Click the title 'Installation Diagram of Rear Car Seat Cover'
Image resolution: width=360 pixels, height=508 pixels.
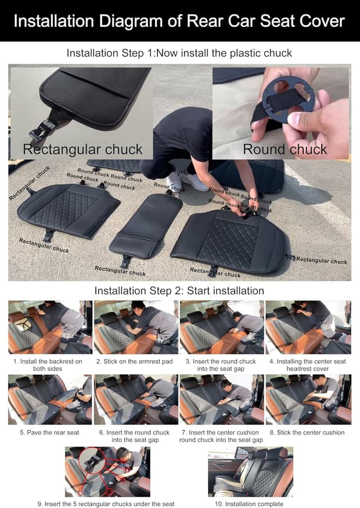click(x=179, y=21)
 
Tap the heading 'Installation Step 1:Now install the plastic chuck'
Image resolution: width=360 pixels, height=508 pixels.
click(x=179, y=53)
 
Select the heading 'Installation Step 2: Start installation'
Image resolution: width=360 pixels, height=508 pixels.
click(x=179, y=291)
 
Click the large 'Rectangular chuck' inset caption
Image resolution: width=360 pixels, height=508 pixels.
click(x=83, y=149)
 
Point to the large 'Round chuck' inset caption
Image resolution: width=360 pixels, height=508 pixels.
click(x=285, y=149)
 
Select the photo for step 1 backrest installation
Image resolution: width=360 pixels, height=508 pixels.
click(x=50, y=327)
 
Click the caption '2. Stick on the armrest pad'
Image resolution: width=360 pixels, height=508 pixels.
click(x=134, y=362)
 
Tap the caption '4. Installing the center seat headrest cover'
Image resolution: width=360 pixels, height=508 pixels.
click(x=308, y=365)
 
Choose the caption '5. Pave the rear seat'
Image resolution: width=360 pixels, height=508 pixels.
click(x=49, y=433)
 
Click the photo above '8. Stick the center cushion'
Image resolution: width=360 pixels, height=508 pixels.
click(x=308, y=399)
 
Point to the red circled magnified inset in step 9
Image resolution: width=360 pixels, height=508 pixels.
click(x=92, y=461)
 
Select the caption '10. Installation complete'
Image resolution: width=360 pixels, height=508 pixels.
click(x=249, y=504)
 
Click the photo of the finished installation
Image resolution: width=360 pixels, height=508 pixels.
click(x=250, y=471)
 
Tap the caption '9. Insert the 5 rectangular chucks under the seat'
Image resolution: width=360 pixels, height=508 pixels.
click(x=106, y=504)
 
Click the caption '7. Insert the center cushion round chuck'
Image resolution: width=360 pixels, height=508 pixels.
click(x=221, y=436)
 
